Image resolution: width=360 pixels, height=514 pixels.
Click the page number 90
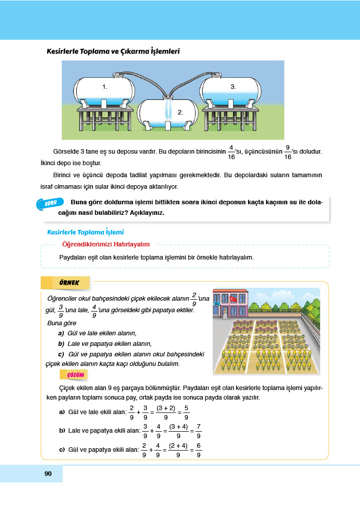[48, 474]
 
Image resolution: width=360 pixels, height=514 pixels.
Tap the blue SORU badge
[50, 203]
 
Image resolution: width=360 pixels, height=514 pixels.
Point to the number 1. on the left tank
[105, 87]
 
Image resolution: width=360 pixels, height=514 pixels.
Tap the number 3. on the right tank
[233, 87]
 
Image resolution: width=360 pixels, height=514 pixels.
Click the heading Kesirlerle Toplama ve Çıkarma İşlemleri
[113, 51]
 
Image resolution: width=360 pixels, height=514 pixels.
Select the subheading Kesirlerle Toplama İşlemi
[85, 232]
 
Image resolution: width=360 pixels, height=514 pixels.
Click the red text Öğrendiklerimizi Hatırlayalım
[105, 244]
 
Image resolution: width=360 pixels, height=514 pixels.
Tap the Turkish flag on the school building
[233, 299]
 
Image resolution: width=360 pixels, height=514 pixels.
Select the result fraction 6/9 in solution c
[199, 449]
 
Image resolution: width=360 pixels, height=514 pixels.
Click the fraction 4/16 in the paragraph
[231, 152]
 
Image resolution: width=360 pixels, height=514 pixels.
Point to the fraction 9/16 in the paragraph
[287, 152]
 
